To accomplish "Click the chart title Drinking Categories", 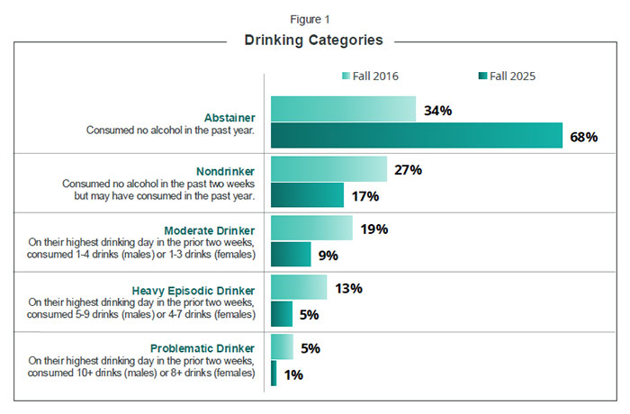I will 314,40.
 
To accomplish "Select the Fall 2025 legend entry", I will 505,76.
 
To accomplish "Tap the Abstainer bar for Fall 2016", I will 343,110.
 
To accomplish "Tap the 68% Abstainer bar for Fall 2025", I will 417,136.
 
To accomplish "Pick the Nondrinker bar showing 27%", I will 328,169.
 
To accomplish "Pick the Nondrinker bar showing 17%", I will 307,195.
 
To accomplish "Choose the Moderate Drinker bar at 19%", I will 311,229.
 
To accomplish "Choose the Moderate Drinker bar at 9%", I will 291,255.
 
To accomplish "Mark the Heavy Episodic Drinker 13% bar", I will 299,288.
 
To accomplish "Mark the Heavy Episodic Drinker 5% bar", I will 282,314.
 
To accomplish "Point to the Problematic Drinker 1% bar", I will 274,373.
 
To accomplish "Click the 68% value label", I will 583,137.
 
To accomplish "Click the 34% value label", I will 437,111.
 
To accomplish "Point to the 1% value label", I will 293,374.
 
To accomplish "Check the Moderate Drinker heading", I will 210,230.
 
